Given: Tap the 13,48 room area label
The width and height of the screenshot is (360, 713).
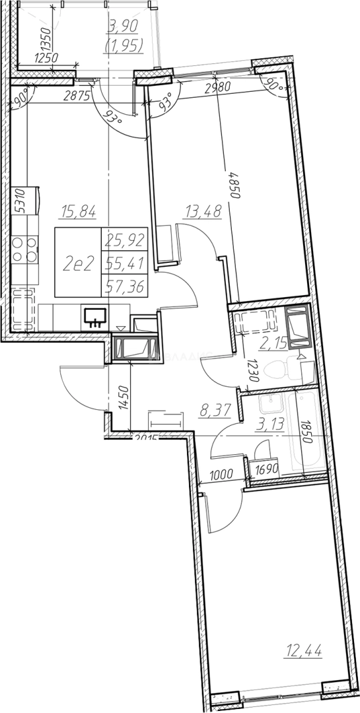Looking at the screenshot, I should pyautogui.click(x=203, y=212).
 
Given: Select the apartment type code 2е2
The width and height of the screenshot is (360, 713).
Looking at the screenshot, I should pyautogui.click(x=77, y=264).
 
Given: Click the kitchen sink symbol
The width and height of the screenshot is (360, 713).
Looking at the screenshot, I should pyautogui.click(x=97, y=317).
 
